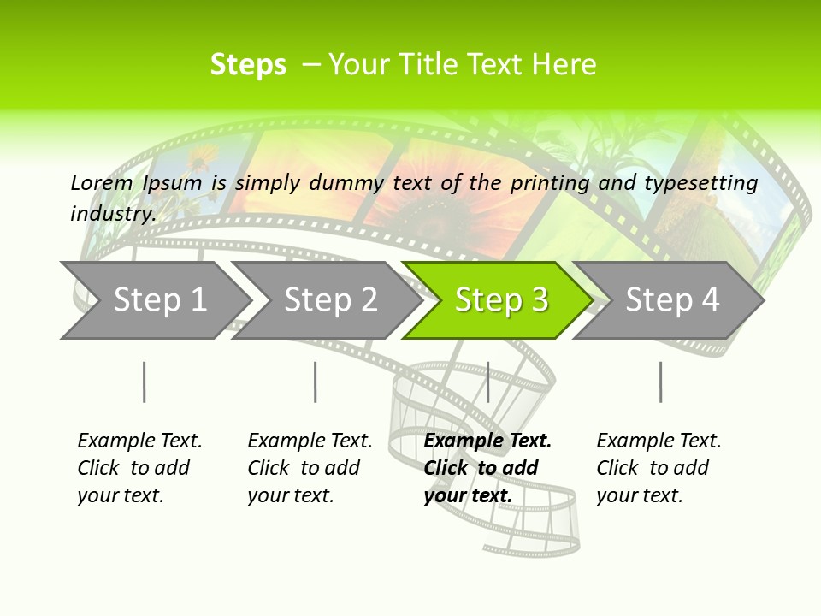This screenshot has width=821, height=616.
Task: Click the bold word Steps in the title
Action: (248, 64)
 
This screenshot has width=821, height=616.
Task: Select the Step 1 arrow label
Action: (160, 299)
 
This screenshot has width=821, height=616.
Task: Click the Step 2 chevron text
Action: (330, 299)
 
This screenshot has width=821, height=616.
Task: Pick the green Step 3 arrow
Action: (501, 299)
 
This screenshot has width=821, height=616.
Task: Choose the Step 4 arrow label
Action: (672, 299)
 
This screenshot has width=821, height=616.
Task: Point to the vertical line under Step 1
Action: (145, 382)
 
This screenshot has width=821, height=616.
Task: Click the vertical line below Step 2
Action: (316, 382)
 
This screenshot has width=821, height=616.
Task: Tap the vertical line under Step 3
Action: (487, 382)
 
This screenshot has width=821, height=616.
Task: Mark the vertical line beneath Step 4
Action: (660, 382)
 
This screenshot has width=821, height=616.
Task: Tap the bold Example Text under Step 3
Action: (487, 441)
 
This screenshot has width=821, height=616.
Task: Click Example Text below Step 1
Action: (139, 441)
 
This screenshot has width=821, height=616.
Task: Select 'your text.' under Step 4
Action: (639, 495)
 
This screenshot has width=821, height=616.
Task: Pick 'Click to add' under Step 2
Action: (304, 468)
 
